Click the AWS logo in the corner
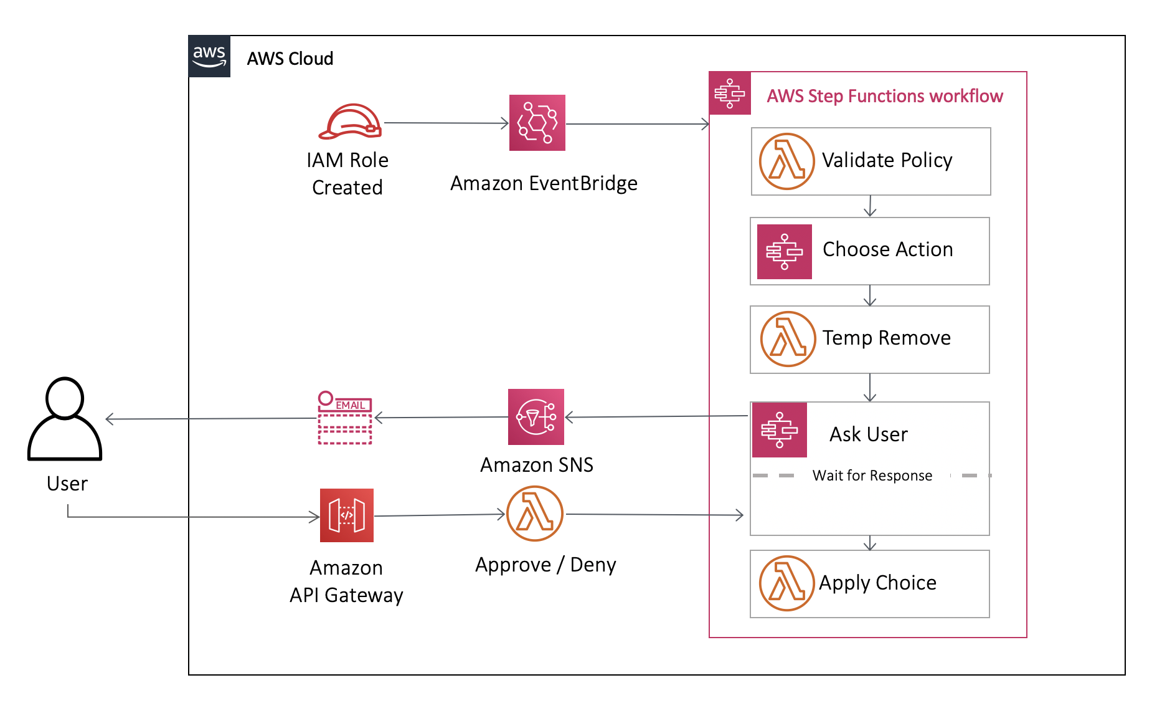coord(209,56)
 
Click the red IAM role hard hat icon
coord(350,122)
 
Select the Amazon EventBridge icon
coord(537,123)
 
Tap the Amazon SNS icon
coord(536,417)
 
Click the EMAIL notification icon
coord(345,418)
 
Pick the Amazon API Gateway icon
coord(346,515)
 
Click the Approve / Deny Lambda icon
coord(535,514)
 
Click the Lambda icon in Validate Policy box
coord(786,161)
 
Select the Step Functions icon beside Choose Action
coord(784,252)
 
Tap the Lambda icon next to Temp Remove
coord(788,339)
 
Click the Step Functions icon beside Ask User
coord(779,430)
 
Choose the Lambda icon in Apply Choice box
coord(786,583)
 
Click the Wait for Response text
coord(872,476)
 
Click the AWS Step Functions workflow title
coord(884,96)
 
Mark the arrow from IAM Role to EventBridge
coord(446,123)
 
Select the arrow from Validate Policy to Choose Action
coord(870,206)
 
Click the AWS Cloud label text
coord(290,59)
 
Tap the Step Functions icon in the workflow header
coord(730,93)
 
